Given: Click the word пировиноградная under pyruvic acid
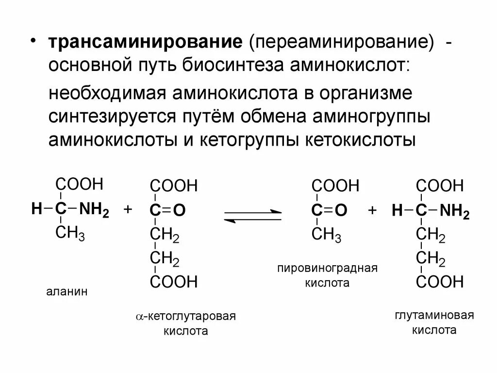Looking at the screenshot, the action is coord(328,269).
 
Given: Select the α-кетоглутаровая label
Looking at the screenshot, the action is coord(185,317).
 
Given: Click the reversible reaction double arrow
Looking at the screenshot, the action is coord(253,216).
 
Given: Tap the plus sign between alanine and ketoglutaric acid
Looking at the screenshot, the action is coord(128,210).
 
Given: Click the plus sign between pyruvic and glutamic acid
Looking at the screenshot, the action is coord(372,210).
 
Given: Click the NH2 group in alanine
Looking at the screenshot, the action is coord(94,210).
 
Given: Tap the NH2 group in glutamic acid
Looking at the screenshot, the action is coord(455,211).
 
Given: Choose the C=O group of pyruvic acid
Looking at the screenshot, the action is coord(329,210).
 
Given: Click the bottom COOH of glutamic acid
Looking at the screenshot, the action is coord(440,282).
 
